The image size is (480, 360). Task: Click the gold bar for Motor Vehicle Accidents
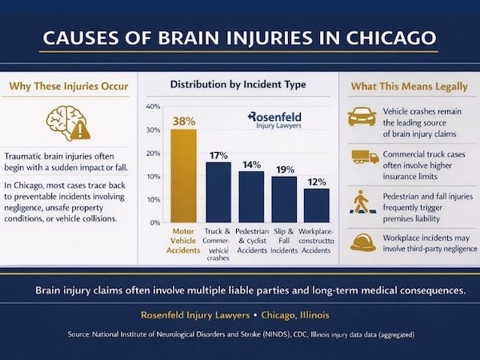point(184,175)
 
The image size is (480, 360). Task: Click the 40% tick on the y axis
point(154,106)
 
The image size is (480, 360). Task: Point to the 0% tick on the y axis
point(155,222)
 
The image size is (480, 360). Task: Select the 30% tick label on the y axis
point(154,130)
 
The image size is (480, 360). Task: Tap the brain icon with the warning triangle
point(68,122)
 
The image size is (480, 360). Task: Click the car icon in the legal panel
point(362,117)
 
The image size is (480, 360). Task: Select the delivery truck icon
point(364,157)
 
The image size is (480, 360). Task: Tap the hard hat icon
point(362,242)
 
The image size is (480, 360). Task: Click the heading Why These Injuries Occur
point(68,86)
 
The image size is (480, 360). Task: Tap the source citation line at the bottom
point(240,333)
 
